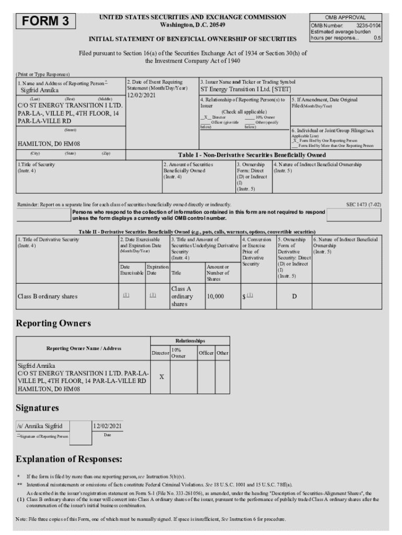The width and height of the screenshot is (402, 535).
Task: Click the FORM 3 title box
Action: pos(45,21)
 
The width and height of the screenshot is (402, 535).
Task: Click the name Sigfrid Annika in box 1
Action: pos(40,90)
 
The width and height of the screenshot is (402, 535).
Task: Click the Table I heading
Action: pos(252,155)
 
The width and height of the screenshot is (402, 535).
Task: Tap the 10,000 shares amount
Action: pos(215,296)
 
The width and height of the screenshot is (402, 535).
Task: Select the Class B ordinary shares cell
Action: pos(48,296)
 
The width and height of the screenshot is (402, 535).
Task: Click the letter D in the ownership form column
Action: pos(294,296)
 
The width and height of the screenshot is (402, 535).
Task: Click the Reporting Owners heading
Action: pos(53,323)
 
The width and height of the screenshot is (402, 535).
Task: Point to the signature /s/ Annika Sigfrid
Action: pos(40,426)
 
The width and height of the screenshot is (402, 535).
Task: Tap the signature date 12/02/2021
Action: pos(108,426)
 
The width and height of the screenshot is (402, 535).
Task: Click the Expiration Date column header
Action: pos(157,270)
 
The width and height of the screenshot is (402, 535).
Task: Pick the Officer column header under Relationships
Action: pos(206,353)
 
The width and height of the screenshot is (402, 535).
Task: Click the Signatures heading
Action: pos(37,407)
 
